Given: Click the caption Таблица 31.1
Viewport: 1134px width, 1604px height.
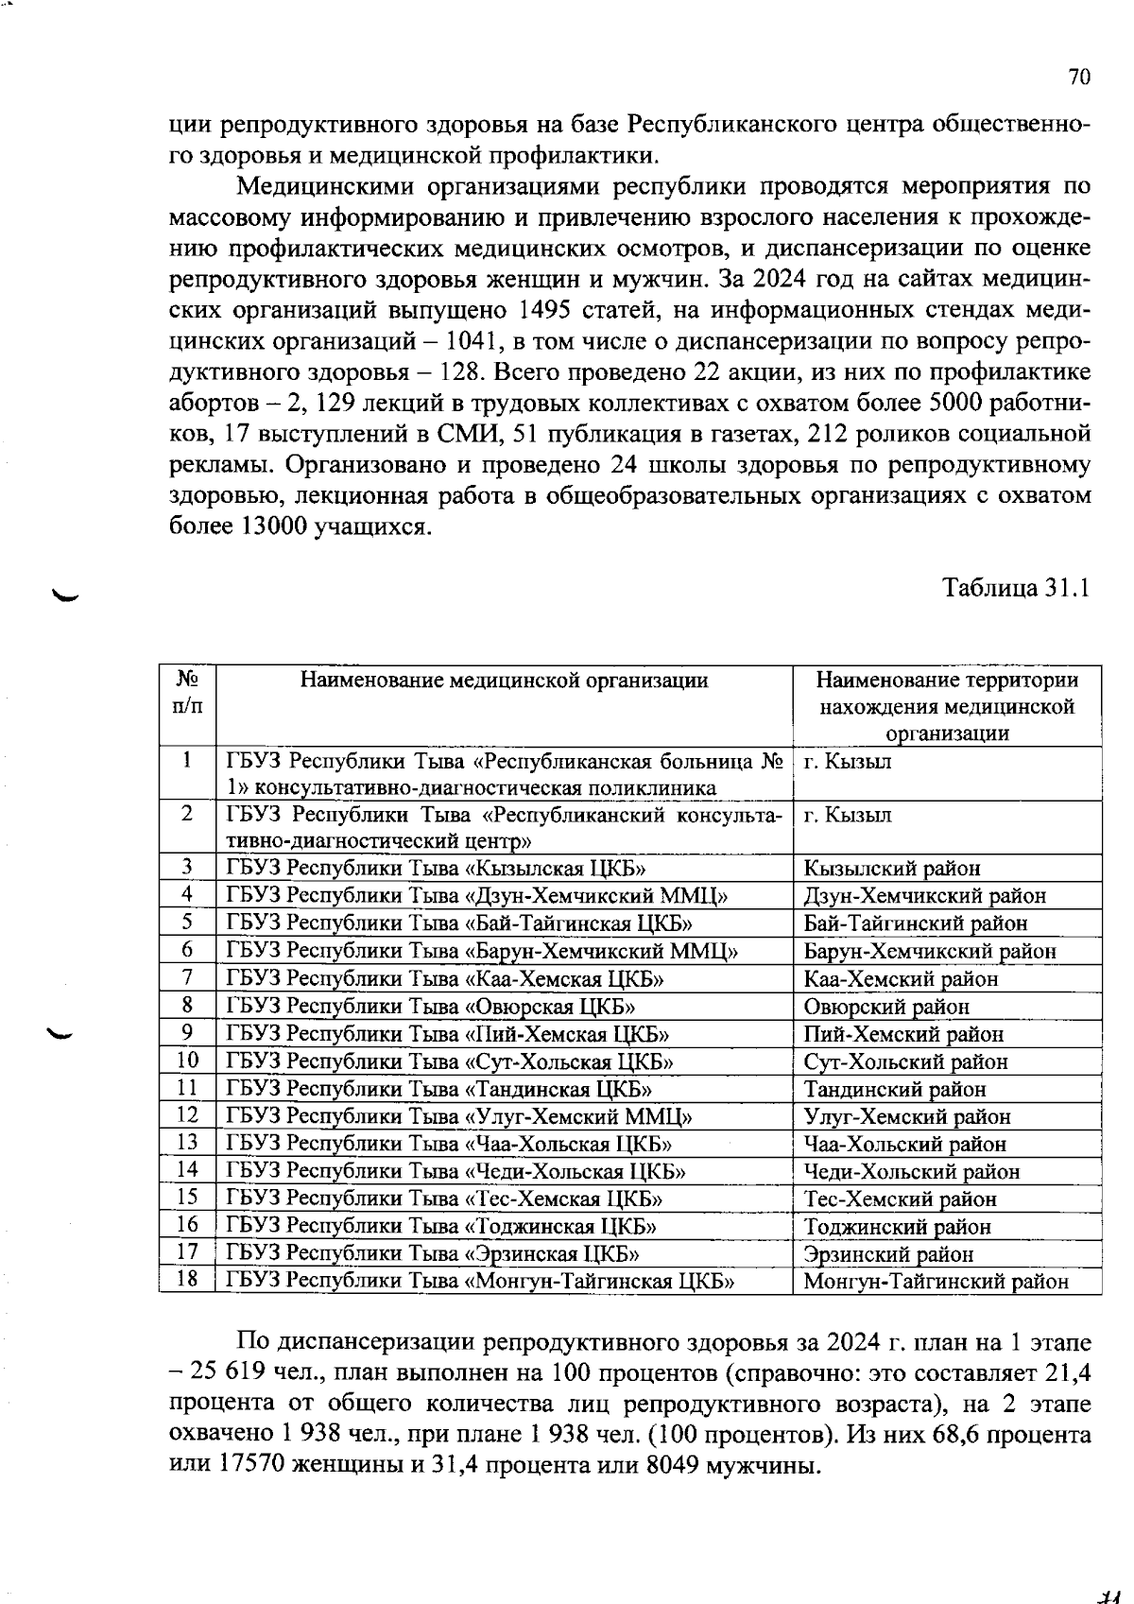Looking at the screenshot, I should click(1017, 589).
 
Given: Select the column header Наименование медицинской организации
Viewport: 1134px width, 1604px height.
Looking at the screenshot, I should click(504, 681).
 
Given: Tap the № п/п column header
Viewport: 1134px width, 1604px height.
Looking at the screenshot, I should click(188, 693).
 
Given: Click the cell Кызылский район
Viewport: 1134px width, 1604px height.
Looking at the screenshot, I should click(891, 869).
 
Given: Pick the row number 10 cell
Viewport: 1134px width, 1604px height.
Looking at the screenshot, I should click(188, 1061).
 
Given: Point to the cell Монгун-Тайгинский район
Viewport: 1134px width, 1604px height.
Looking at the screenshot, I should click(935, 1282).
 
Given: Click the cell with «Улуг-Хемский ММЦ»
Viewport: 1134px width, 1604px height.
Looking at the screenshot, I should click(459, 1117).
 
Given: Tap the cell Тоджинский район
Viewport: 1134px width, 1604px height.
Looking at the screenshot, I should click(897, 1227).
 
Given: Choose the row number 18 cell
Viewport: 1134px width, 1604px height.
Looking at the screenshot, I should click(188, 1281).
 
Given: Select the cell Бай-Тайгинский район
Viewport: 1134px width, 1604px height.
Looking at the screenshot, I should click(915, 923).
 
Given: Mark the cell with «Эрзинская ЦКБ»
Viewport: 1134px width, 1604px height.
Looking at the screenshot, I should click(432, 1254).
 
